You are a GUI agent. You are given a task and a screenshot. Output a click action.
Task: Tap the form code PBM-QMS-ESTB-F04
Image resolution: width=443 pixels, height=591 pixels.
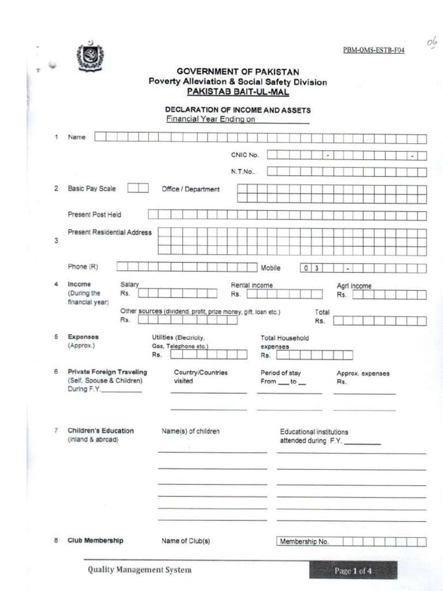(374, 51)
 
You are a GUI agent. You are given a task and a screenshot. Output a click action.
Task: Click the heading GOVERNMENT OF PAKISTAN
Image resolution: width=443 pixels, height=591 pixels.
(238, 72)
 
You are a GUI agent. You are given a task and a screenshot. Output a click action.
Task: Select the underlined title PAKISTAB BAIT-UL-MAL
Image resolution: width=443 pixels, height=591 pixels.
(238, 92)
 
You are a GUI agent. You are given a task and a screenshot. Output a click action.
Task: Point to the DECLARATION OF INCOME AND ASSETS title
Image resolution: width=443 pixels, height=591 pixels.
(238, 110)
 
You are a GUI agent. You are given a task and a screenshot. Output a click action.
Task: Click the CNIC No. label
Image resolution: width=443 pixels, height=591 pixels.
(245, 155)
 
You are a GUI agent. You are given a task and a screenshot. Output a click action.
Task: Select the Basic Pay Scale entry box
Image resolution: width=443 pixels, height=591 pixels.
(138, 188)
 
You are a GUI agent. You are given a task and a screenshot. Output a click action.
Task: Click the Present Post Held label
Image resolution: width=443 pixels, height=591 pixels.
(95, 215)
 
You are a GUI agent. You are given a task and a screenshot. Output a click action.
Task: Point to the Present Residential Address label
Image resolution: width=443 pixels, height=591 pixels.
(110, 233)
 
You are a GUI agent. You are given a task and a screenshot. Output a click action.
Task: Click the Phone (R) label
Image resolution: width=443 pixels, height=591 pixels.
(83, 267)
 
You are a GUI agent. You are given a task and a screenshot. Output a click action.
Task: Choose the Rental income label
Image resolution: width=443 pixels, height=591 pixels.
(252, 286)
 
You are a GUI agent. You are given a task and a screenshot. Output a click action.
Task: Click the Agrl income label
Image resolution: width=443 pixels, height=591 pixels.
(354, 286)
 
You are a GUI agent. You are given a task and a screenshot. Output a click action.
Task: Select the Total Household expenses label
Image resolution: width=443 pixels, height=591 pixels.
(284, 342)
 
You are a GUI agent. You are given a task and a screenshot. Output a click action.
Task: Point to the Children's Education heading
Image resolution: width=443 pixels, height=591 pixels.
(100, 431)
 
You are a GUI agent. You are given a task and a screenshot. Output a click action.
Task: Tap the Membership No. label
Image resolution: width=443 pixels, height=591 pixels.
(304, 541)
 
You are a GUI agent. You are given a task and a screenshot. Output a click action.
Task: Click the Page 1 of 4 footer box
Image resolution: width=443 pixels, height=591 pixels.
(353, 571)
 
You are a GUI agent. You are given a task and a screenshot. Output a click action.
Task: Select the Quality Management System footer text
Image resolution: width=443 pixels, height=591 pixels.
(140, 570)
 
